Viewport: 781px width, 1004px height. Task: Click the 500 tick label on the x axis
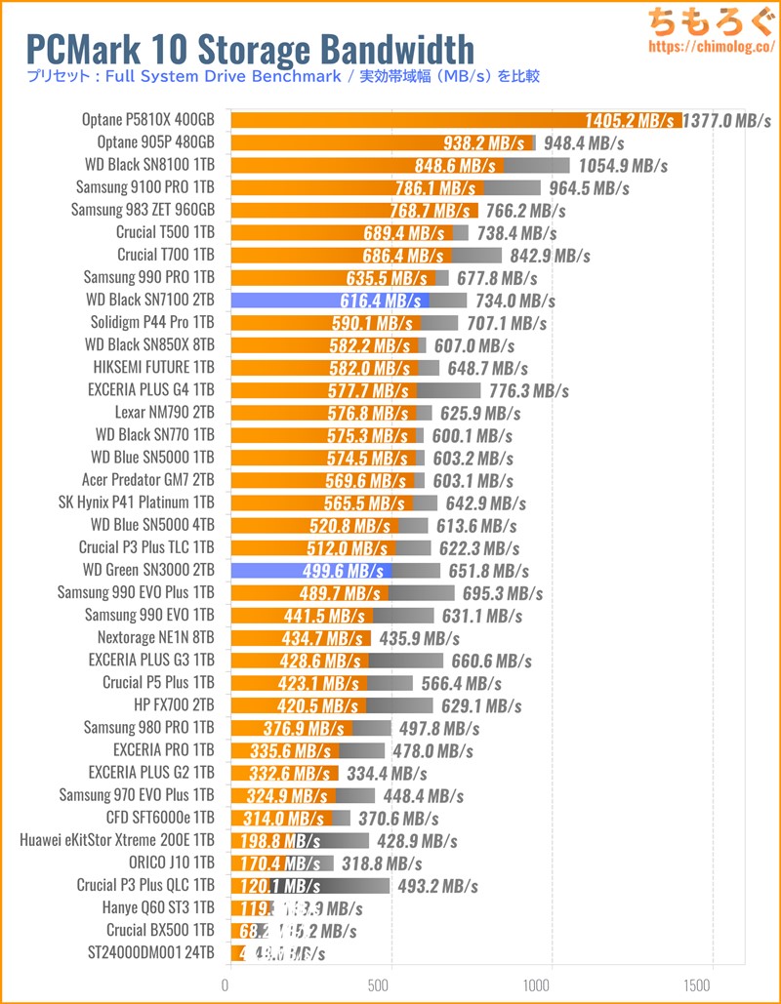tap(390, 983)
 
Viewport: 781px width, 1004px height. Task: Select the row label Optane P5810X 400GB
tap(148, 120)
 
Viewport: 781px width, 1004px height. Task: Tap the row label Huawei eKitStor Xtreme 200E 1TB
tap(117, 840)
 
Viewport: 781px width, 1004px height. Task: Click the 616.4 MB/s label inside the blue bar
tap(380, 301)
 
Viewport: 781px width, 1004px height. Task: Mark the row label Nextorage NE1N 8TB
tap(156, 637)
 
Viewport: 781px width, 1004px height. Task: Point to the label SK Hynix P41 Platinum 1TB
tap(137, 502)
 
